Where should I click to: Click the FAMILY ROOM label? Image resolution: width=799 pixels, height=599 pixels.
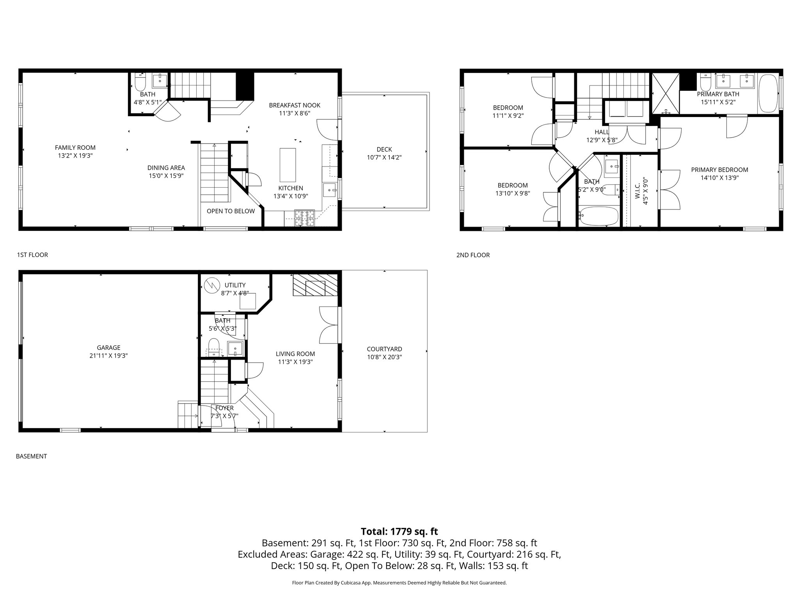(75, 148)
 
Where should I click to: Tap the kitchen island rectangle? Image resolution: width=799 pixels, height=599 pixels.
(288, 165)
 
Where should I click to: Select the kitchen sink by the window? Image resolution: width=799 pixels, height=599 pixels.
(330, 190)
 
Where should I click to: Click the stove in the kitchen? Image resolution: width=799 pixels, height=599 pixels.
(304, 218)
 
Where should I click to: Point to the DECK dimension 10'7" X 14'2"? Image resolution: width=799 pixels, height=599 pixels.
(384, 158)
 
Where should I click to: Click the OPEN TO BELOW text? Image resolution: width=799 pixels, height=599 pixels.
(231, 211)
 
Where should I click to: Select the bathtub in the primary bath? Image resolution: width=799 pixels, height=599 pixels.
(768, 94)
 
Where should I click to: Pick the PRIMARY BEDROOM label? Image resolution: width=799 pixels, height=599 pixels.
(719, 170)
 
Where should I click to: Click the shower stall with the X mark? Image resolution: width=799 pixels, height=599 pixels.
(666, 93)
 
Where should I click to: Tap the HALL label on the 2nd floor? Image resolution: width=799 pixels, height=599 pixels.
(602, 132)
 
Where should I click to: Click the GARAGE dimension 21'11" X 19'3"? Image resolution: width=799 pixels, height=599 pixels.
(108, 356)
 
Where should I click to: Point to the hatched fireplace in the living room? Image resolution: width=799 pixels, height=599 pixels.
(314, 285)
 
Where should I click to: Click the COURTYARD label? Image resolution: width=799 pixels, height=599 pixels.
(384, 349)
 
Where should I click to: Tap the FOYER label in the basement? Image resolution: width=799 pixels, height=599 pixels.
(224, 408)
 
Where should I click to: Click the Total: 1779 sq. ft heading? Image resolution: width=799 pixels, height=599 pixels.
(399, 532)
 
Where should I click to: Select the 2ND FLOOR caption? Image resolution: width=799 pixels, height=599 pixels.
(472, 255)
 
